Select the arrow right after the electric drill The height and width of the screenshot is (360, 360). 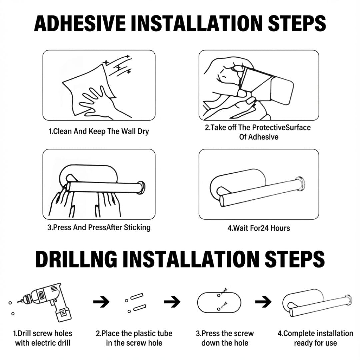101,302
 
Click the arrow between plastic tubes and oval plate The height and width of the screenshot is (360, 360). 172,302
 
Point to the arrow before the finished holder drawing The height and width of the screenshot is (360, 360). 263,302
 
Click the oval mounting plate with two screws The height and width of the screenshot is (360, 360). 219,302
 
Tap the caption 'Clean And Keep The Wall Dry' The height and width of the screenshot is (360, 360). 99,132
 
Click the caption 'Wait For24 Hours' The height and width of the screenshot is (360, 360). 259,228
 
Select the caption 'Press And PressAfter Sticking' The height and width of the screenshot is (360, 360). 99,228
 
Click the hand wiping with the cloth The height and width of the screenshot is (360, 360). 96,101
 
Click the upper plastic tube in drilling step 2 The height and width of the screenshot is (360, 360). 137,297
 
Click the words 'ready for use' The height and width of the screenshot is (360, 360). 315,343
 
